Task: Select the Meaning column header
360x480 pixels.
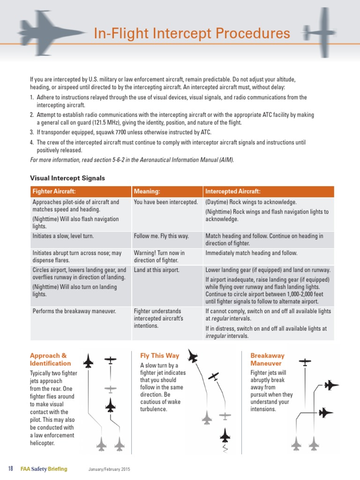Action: click(x=147, y=192)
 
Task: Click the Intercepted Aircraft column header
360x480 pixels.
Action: click(x=233, y=192)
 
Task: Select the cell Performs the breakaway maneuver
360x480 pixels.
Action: click(x=74, y=311)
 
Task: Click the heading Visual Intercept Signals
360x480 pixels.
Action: click(x=67, y=178)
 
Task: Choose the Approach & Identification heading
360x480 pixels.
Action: click(x=50, y=360)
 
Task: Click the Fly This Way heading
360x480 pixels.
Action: click(x=159, y=356)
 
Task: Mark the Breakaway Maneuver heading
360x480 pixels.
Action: click(x=267, y=360)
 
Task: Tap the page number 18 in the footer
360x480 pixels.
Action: click(x=11, y=469)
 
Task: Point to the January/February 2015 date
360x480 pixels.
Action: click(x=108, y=470)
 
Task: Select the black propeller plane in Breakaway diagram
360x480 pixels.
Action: click(x=305, y=362)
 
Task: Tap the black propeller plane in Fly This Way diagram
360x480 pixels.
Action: click(x=213, y=376)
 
